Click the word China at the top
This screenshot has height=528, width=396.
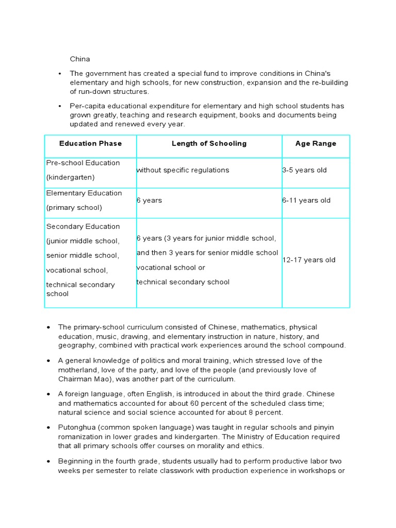pos(80,59)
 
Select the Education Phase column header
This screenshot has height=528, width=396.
pos(90,144)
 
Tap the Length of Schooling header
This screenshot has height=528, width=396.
pos(209,144)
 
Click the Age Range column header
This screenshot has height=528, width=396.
pos(316,144)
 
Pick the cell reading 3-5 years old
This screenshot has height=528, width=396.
pos(304,170)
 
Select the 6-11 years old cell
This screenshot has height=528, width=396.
pos(306,201)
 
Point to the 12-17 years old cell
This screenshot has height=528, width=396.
pos(309,260)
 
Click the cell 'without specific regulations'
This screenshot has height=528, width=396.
pos(183,170)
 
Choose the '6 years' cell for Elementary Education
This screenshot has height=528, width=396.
pos(150,201)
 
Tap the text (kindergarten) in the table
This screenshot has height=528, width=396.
pos(70,177)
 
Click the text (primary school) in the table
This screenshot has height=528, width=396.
pos(74,208)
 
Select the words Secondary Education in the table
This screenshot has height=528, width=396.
pos(83,226)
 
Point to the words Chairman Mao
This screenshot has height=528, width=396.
pos(86,379)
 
